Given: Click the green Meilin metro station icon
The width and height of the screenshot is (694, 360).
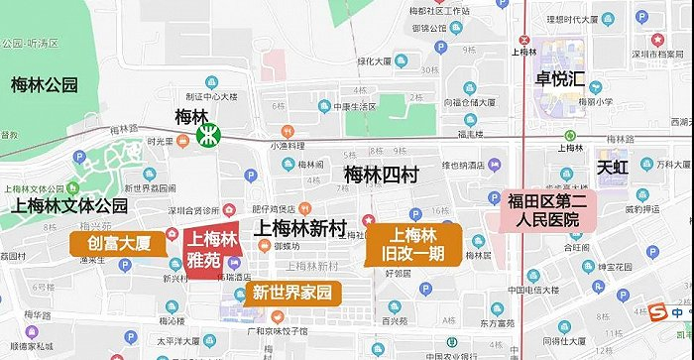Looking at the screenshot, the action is coord(209,136).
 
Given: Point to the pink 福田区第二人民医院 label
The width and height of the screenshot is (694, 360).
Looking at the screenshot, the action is coord(545,210).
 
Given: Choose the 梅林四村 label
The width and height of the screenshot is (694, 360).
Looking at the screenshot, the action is coord(382,176).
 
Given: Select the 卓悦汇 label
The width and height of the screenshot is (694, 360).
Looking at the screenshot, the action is coord(561,77).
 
